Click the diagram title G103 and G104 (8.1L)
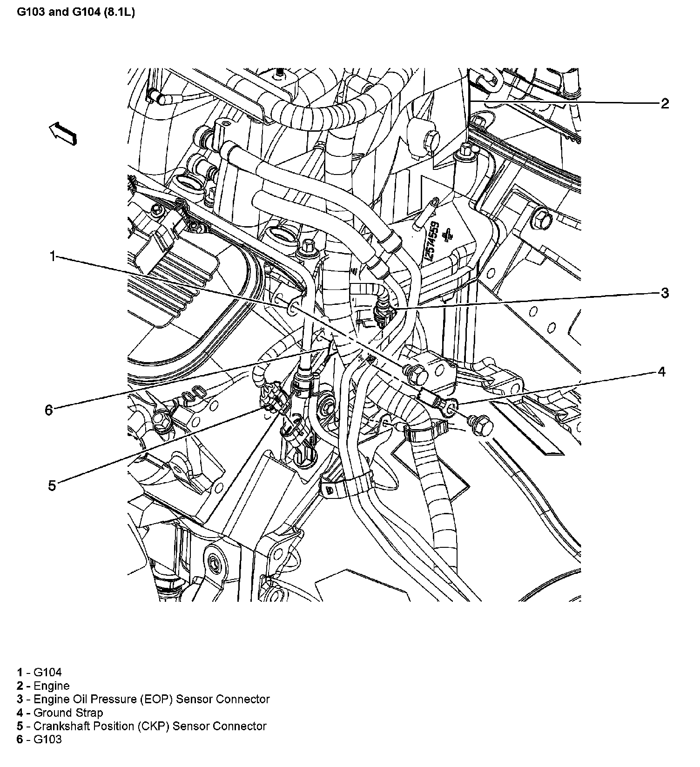click(76, 13)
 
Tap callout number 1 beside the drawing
click(53, 256)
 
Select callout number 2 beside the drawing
click(665, 103)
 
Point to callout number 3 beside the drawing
click(665, 293)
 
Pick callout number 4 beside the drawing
click(661, 372)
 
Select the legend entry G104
click(39, 672)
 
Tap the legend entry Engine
click(43, 686)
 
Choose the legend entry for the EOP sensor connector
click(143, 699)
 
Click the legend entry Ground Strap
click(60, 713)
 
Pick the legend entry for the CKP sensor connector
click(141, 726)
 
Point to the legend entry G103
click(39, 740)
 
